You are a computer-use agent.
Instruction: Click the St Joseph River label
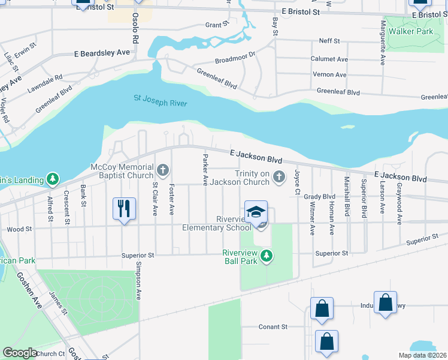coord(160,100)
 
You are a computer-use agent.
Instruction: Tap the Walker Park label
coord(410,31)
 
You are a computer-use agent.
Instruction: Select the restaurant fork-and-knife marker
coord(125,209)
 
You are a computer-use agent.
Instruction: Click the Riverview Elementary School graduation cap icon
coord(256,212)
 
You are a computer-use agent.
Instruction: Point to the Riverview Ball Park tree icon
coord(267,257)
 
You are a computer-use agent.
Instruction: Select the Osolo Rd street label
coord(136,28)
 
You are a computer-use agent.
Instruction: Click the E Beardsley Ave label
coord(102,53)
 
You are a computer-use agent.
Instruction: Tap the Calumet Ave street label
coord(329,59)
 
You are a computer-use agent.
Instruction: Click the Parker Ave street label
coord(205,168)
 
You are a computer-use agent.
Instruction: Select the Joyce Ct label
coord(296,182)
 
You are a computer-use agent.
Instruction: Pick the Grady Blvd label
coord(319,196)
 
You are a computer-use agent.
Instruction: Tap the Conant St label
coord(273,327)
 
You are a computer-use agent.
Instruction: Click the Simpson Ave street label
coord(139,280)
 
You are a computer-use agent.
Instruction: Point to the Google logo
coord(20,353)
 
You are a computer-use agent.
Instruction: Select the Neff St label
coord(329,41)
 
